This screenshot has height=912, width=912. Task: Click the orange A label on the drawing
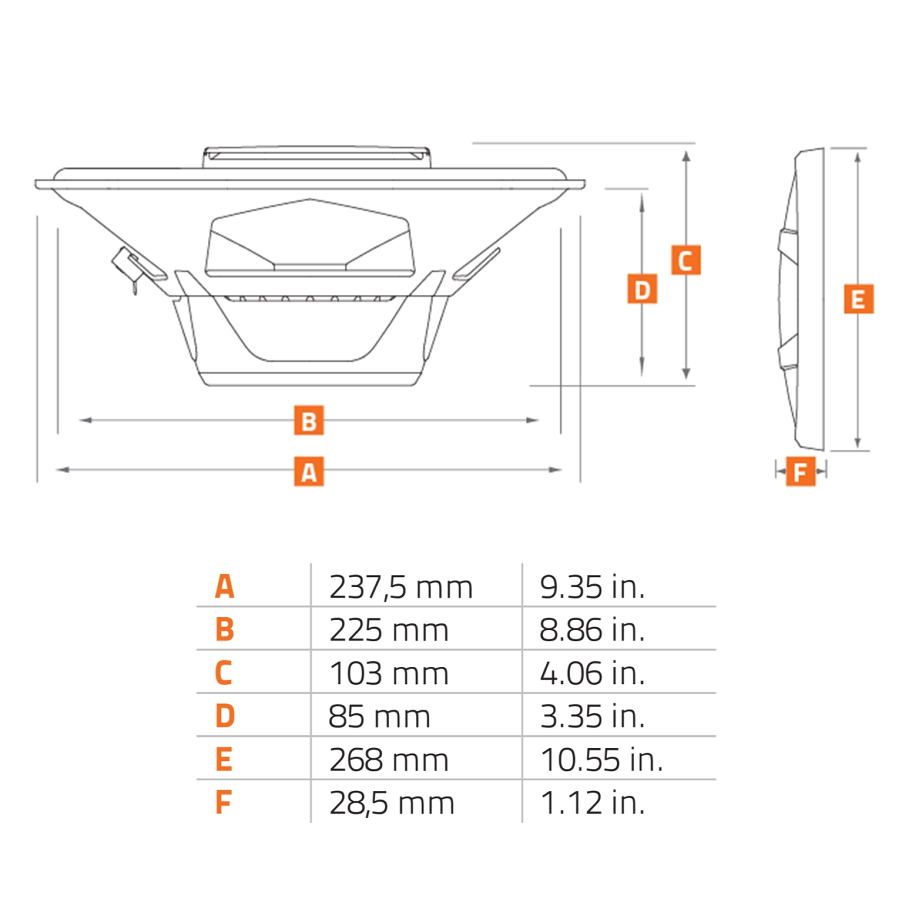309,471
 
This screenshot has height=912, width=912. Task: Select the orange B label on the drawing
309,420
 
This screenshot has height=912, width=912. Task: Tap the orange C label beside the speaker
685,260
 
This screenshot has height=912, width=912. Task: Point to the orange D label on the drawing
642,289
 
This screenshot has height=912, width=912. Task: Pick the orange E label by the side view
858,299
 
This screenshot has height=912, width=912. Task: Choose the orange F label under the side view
800,471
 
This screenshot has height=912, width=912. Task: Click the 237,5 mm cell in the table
400,588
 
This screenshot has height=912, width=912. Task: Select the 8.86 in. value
591,631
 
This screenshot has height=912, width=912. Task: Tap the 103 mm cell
388,674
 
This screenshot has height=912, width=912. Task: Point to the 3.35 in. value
591,717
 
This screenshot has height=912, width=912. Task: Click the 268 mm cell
388,760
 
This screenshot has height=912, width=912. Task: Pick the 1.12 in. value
591,803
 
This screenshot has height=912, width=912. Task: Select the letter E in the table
224,760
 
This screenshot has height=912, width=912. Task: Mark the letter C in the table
224,673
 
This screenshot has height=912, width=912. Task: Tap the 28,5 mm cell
391,804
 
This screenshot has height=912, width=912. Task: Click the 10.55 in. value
601,760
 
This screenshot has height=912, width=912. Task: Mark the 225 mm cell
388,631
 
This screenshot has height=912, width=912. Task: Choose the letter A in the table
224,587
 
